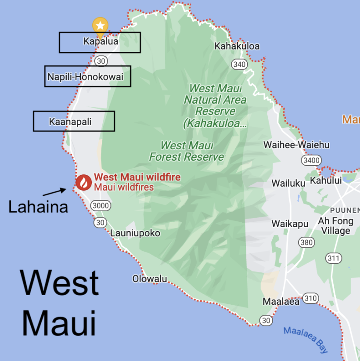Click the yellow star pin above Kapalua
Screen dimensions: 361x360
click(100, 25)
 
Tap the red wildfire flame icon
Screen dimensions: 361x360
click(83, 182)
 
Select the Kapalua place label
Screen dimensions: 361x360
click(101, 42)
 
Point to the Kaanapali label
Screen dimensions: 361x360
click(70, 122)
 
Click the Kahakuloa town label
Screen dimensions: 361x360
click(237, 46)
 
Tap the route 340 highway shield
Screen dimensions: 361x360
click(240, 65)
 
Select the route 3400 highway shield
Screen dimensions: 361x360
click(311, 160)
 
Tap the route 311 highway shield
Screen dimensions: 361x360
click(334, 258)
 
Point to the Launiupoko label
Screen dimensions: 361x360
click(135, 233)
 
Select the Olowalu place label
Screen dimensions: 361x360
click(150, 278)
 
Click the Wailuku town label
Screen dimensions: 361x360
click(288, 183)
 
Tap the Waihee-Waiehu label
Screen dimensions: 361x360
click(296, 145)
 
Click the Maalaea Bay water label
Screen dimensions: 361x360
click(306, 339)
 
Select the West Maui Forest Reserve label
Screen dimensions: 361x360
click(187, 151)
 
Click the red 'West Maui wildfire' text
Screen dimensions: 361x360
click(137, 177)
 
